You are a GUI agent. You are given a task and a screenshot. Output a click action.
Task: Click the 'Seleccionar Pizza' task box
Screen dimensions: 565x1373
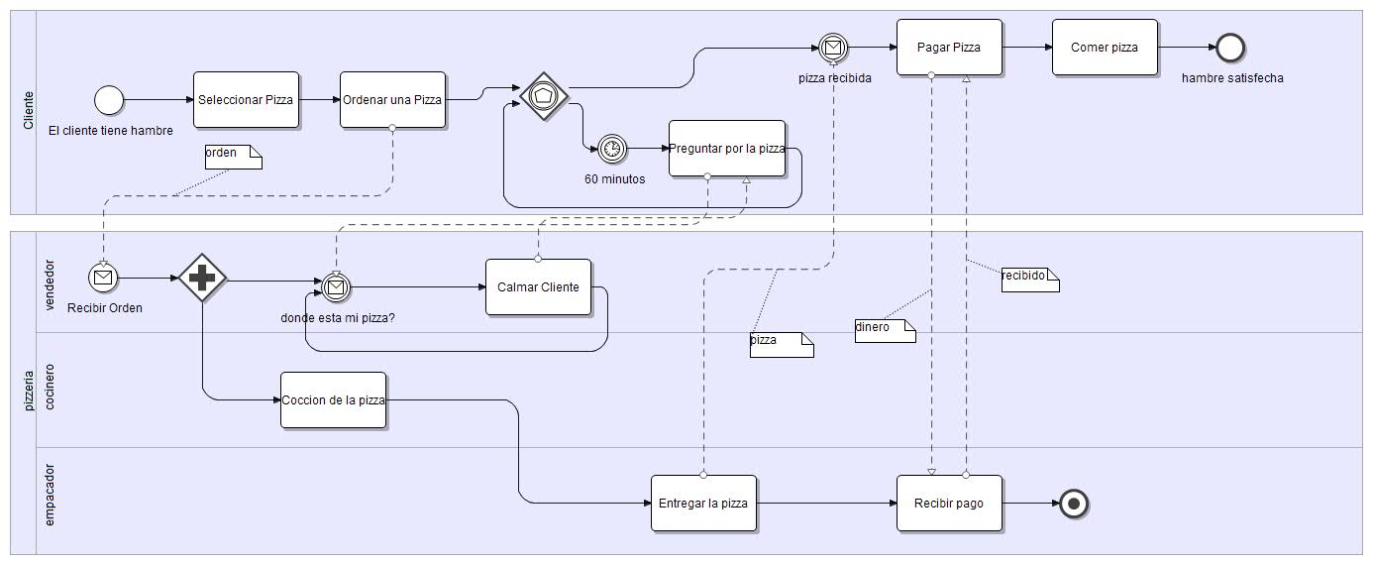tap(246, 99)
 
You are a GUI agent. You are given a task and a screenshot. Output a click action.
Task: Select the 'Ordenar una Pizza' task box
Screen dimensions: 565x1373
tap(392, 99)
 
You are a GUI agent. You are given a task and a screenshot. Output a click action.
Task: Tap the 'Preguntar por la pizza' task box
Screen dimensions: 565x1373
tap(727, 148)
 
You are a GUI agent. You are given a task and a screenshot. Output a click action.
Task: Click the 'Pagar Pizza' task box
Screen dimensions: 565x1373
tap(949, 47)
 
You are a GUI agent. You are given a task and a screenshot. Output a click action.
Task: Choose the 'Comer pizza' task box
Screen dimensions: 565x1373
tap(1105, 47)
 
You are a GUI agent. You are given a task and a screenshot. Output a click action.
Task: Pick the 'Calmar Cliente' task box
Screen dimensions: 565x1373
tap(538, 286)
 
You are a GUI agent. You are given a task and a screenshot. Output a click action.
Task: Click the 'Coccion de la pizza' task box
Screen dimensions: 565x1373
tap(333, 399)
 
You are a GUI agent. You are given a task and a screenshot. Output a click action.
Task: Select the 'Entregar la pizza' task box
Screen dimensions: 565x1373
tap(703, 503)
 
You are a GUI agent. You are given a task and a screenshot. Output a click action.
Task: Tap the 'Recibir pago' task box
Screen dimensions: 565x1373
tap(949, 503)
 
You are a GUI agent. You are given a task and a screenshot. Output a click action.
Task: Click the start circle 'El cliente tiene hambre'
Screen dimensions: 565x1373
tap(109, 99)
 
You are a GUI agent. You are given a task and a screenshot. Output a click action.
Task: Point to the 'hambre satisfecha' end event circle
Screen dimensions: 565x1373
tap(1230, 47)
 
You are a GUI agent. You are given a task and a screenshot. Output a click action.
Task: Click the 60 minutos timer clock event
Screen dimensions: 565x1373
tap(612, 149)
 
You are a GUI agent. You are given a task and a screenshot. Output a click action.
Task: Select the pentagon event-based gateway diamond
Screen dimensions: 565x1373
tap(544, 96)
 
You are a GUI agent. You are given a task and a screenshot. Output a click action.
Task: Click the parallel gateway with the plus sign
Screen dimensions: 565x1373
tap(202, 280)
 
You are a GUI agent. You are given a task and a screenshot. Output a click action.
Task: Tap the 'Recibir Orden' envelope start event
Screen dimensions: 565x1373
tap(103, 278)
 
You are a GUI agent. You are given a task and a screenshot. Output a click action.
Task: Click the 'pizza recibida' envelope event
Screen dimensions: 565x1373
tap(833, 47)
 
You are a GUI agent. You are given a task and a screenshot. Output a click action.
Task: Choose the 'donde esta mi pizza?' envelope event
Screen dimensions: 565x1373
tap(337, 286)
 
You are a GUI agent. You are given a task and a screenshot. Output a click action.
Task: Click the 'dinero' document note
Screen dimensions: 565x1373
tap(885, 330)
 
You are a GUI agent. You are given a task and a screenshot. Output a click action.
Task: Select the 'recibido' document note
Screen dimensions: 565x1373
tap(1029, 280)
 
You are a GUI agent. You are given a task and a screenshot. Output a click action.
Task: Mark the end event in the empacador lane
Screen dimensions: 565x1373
tap(1073, 504)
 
